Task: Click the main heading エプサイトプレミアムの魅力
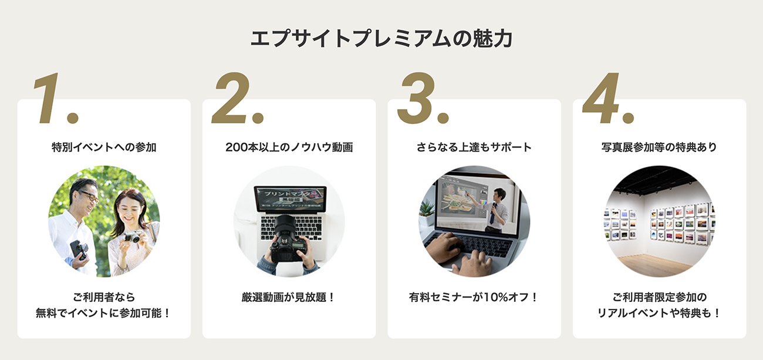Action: pyautogui.click(x=381, y=39)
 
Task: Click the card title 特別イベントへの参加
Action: pyautogui.click(x=104, y=147)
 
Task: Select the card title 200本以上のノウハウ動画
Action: pyautogui.click(x=289, y=147)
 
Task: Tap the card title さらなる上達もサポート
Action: pyautogui.click(x=474, y=147)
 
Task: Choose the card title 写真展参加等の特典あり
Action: pyautogui.click(x=659, y=147)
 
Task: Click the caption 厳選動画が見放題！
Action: pyautogui.click(x=289, y=297)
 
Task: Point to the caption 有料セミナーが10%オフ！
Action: pyautogui.click(x=474, y=297)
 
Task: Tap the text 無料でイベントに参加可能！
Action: pyautogui.click(x=104, y=313)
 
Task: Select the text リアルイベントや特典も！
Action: pyautogui.click(x=659, y=313)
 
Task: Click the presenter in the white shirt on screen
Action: pyautogui.click(x=499, y=206)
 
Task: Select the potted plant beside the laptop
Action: pyautogui.click(x=427, y=211)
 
